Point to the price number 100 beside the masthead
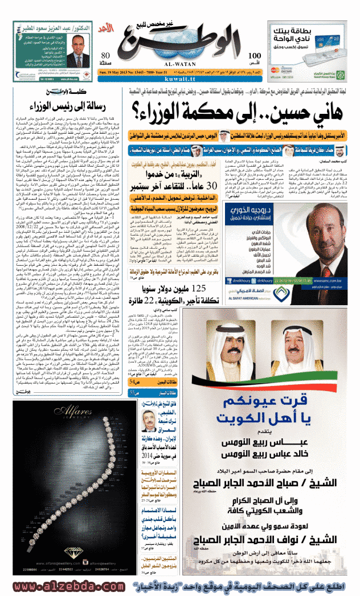point(255,55)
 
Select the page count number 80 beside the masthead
point(105,55)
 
